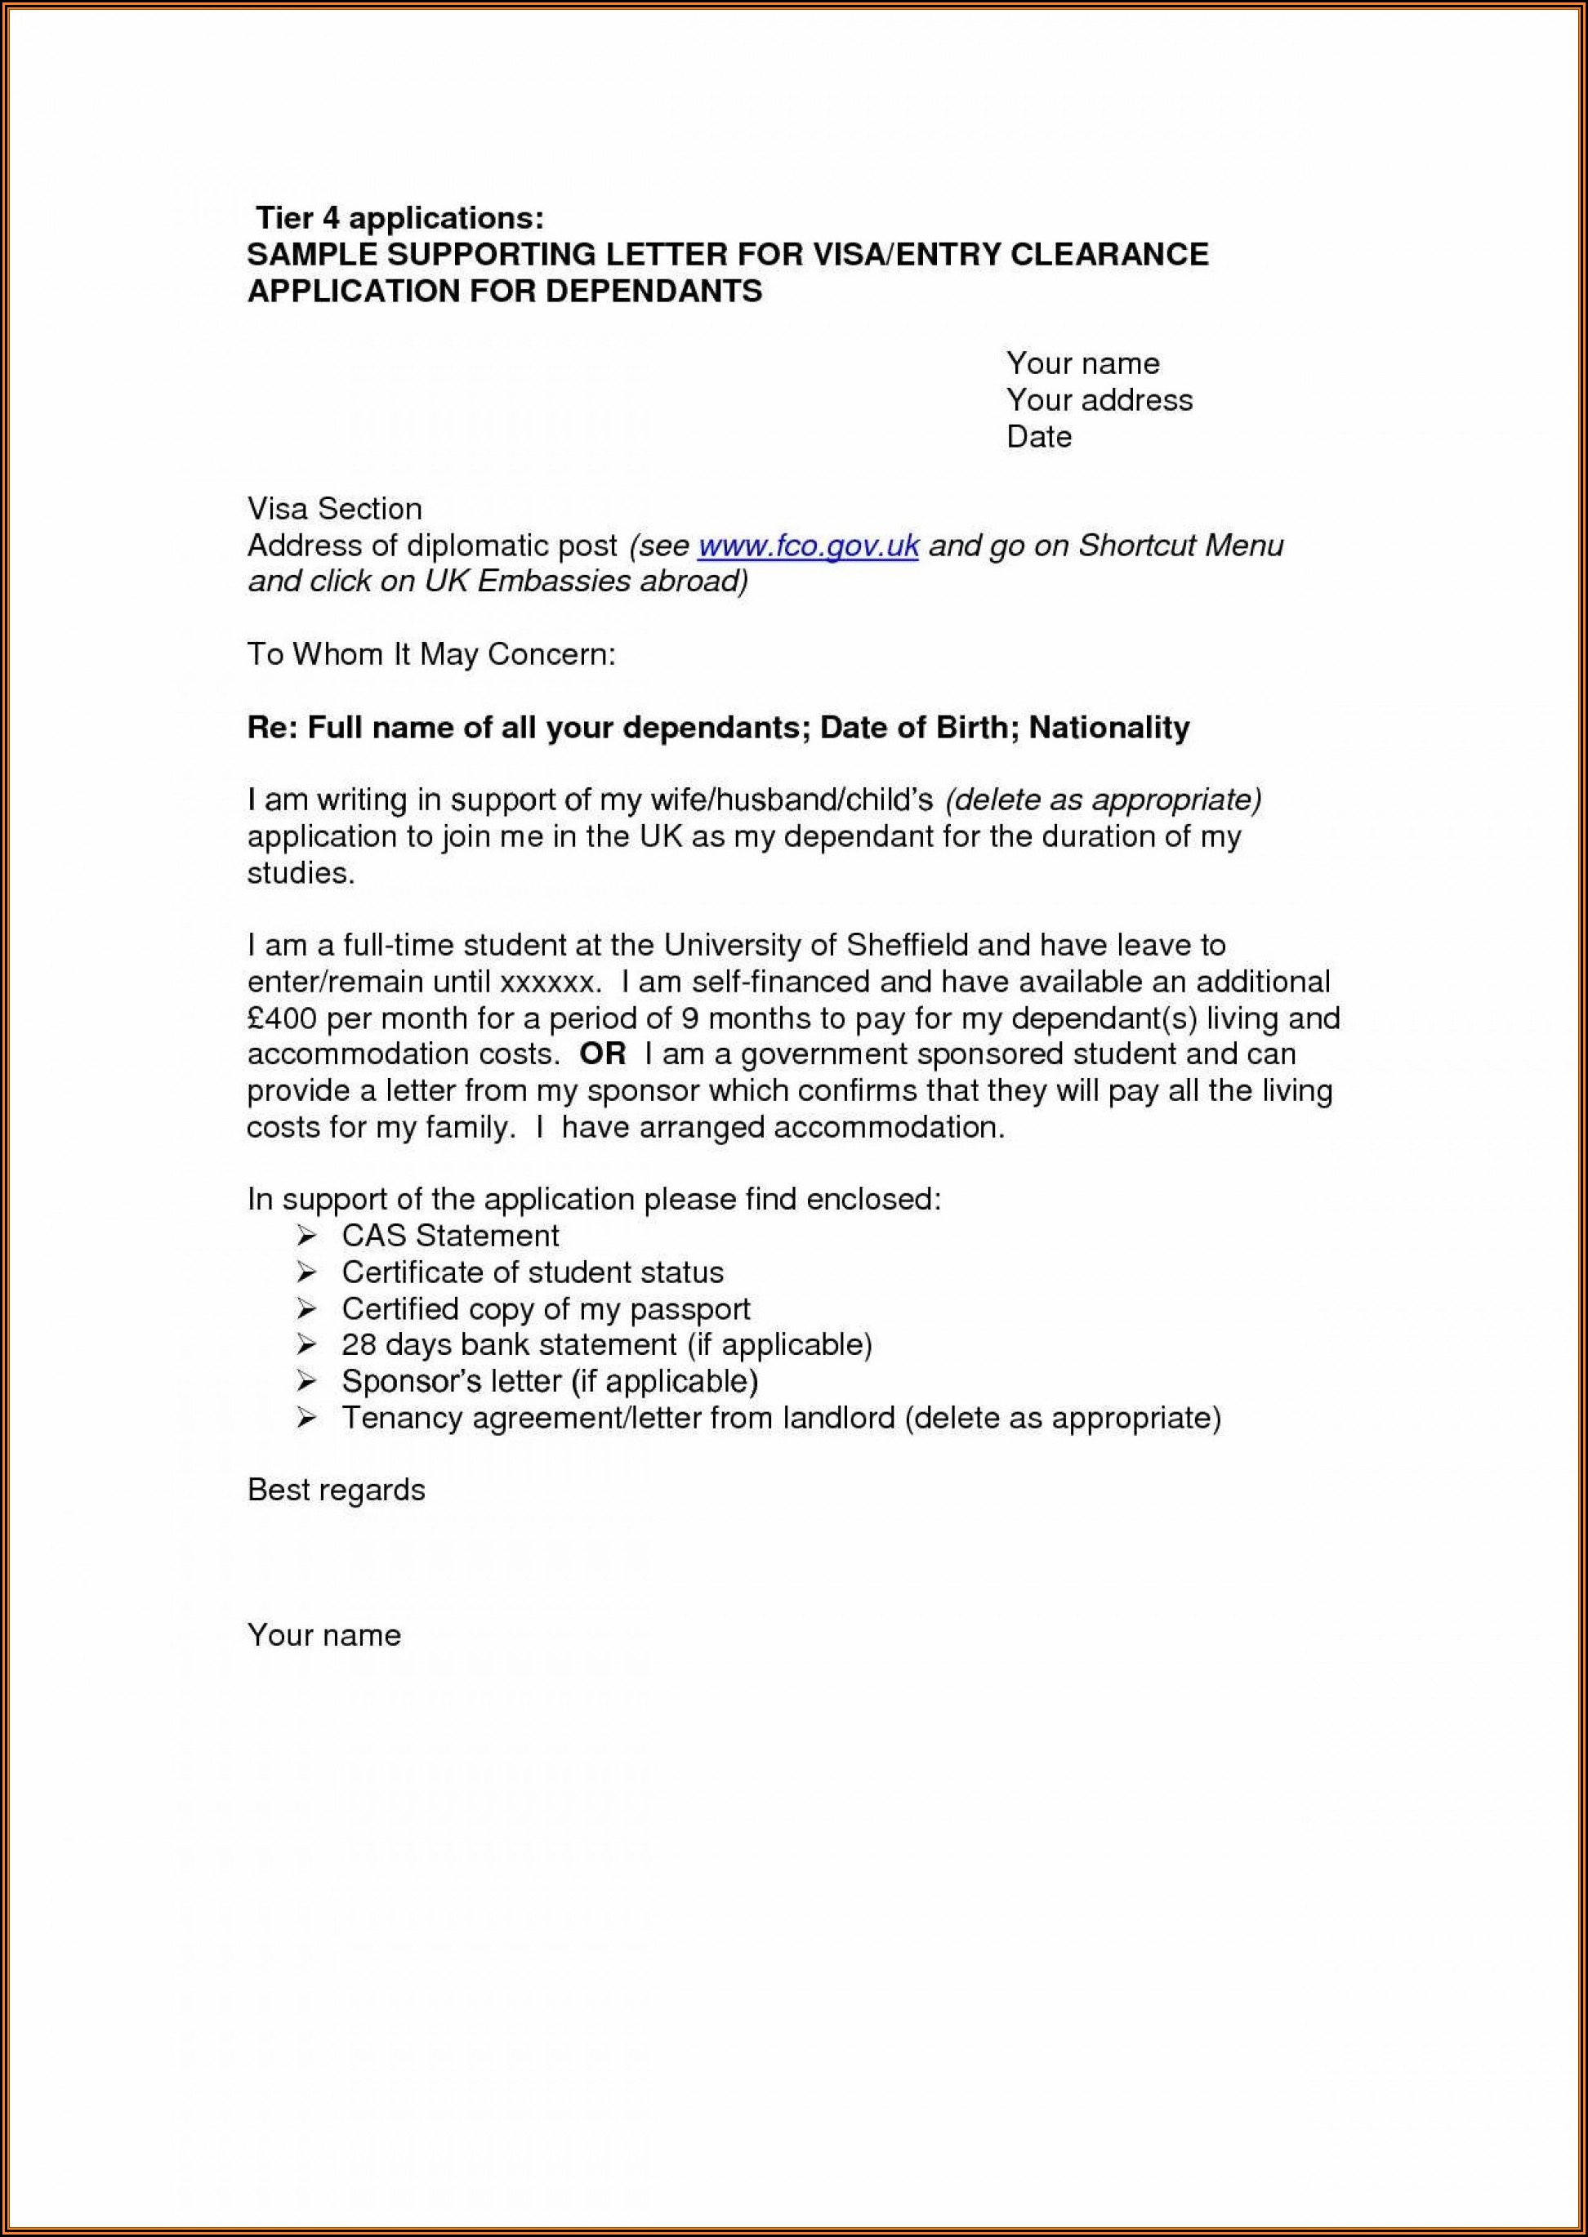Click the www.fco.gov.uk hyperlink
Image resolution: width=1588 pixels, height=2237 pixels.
click(808, 546)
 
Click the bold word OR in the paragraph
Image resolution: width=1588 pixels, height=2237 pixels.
click(601, 1054)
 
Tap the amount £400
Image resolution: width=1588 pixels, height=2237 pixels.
click(282, 1018)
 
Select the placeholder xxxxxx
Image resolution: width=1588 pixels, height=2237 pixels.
click(545, 982)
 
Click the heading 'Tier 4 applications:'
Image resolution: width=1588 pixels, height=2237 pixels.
click(399, 217)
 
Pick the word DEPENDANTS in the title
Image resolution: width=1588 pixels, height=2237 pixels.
click(653, 292)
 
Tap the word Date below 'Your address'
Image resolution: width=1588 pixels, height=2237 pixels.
click(1038, 436)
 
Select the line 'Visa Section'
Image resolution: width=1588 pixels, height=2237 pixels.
click(334, 508)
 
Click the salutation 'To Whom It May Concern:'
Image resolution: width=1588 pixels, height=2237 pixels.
click(431, 654)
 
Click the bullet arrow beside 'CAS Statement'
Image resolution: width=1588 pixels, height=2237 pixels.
click(307, 1237)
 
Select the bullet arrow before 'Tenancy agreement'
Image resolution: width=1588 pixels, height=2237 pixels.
click(307, 1418)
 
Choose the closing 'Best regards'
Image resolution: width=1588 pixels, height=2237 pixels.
click(337, 1490)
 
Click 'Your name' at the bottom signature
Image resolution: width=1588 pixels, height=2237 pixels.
click(323, 1635)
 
